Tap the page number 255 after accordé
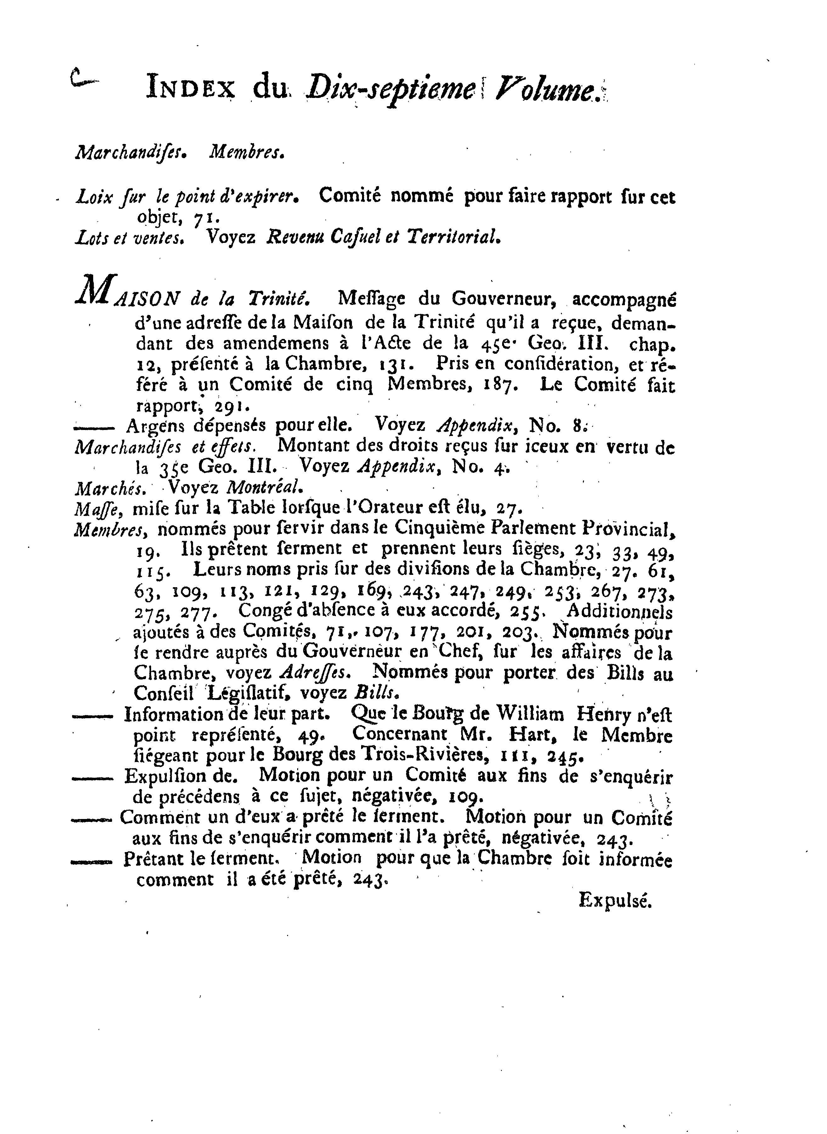pos(526,612)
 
